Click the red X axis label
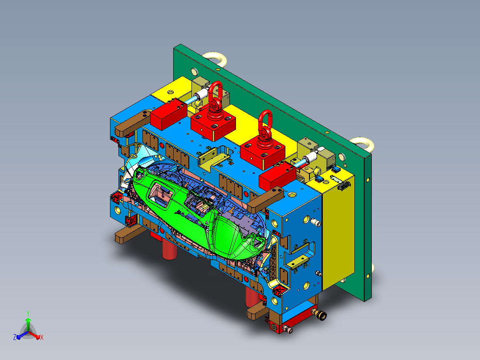pos(42,337)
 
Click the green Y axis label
pos(28,313)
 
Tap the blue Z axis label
pos(15,337)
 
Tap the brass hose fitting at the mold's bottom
pos(319,314)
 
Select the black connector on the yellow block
pos(344,185)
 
